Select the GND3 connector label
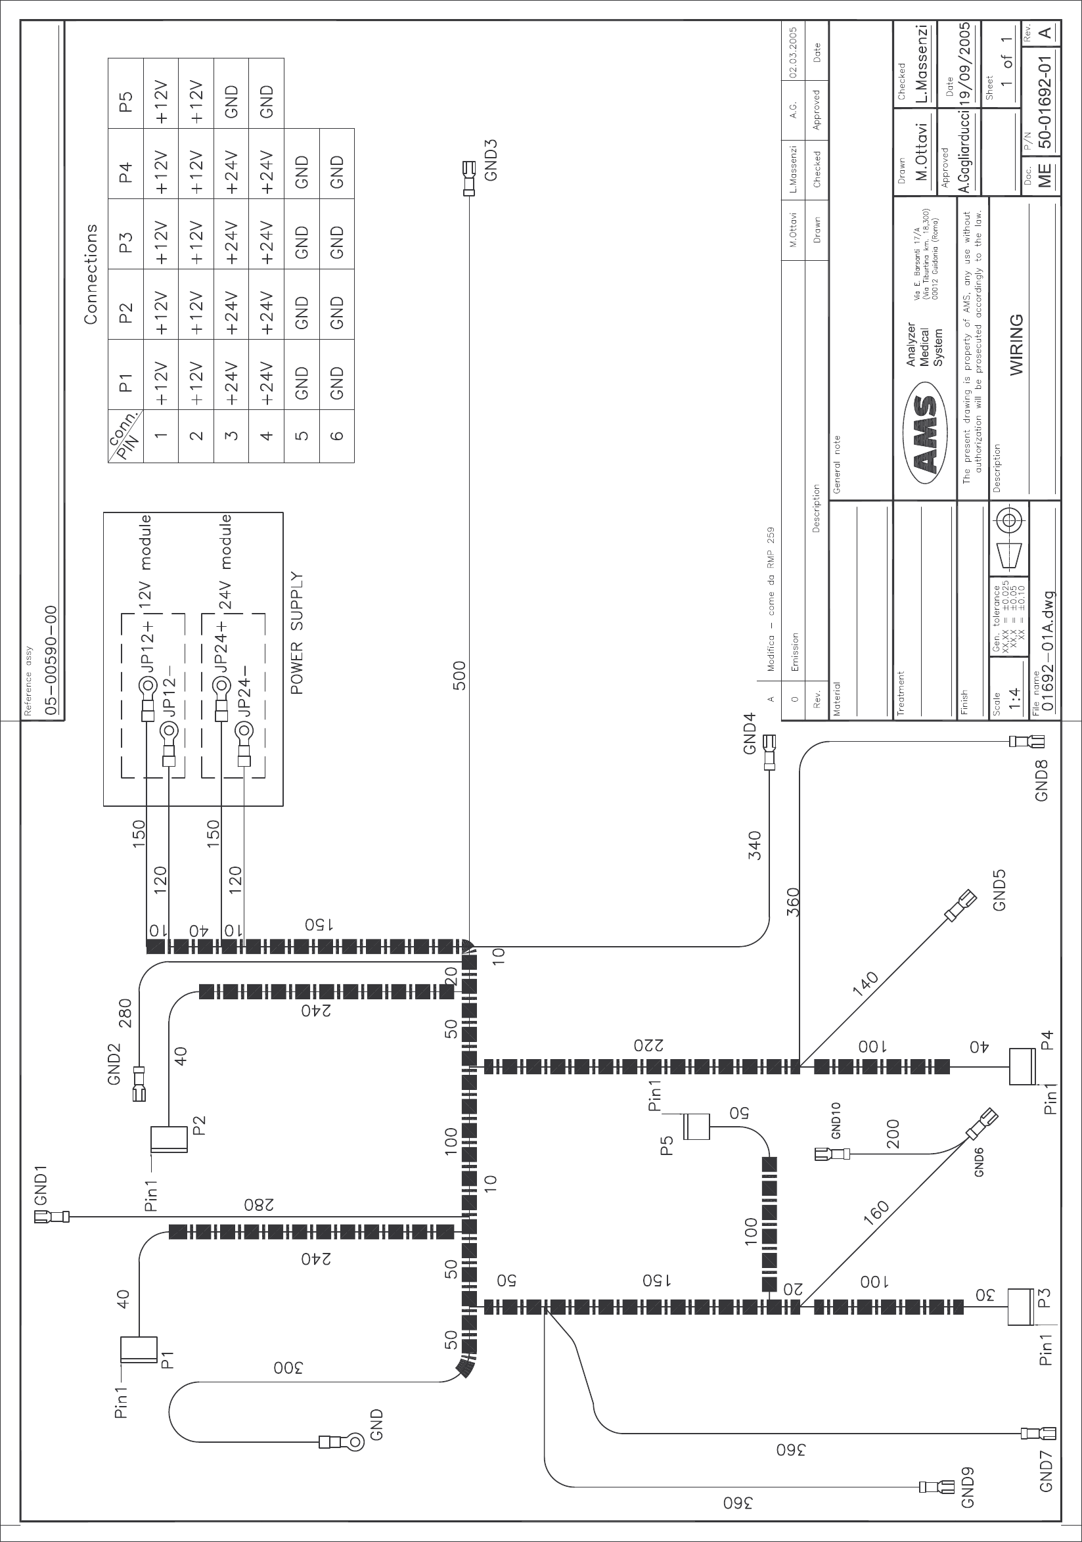(x=491, y=159)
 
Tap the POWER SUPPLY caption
(x=298, y=633)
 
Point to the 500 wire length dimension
(x=459, y=675)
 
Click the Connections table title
(x=91, y=274)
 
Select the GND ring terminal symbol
(x=355, y=1441)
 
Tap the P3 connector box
(x=1020, y=1306)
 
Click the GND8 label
(x=1041, y=782)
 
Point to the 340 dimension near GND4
(x=754, y=846)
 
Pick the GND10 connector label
(x=836, y=1120)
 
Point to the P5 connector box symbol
(x=696, y=1126)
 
